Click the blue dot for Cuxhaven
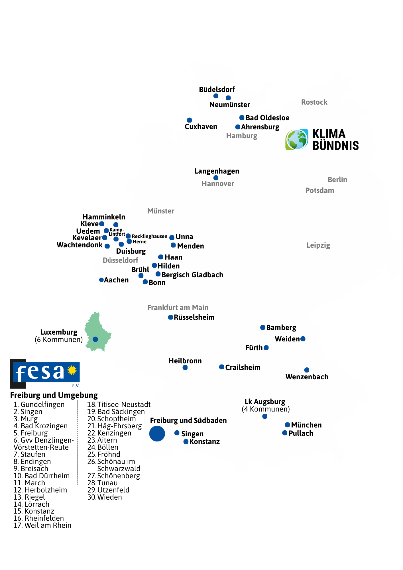click(x=189, y=120)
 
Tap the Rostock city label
click(x=314, y=102)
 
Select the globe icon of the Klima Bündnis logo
click(x=297, y=139)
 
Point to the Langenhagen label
click(x=217, y=171)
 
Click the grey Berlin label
click(x=337, y=180)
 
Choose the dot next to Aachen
click(x=101, y=280)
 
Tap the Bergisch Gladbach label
click(x=192, y=275)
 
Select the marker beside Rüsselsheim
click(x=170, y=317)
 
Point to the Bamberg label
click(x=281, y=328)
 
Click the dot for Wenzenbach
click(x=307, y=370)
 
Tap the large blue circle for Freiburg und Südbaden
click(x=157, y=433)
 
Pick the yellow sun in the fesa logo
click(x=72, y=370)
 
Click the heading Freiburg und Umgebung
click(x=54, y=395)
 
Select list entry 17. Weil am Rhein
click(x=42, y=525)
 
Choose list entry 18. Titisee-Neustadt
click(x=119, y=404)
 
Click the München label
click(x=306, y=425)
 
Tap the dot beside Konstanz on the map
click(x=186, y=441)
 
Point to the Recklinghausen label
click(x=150, y=236)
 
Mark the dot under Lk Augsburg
click(x=265, y=416)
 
